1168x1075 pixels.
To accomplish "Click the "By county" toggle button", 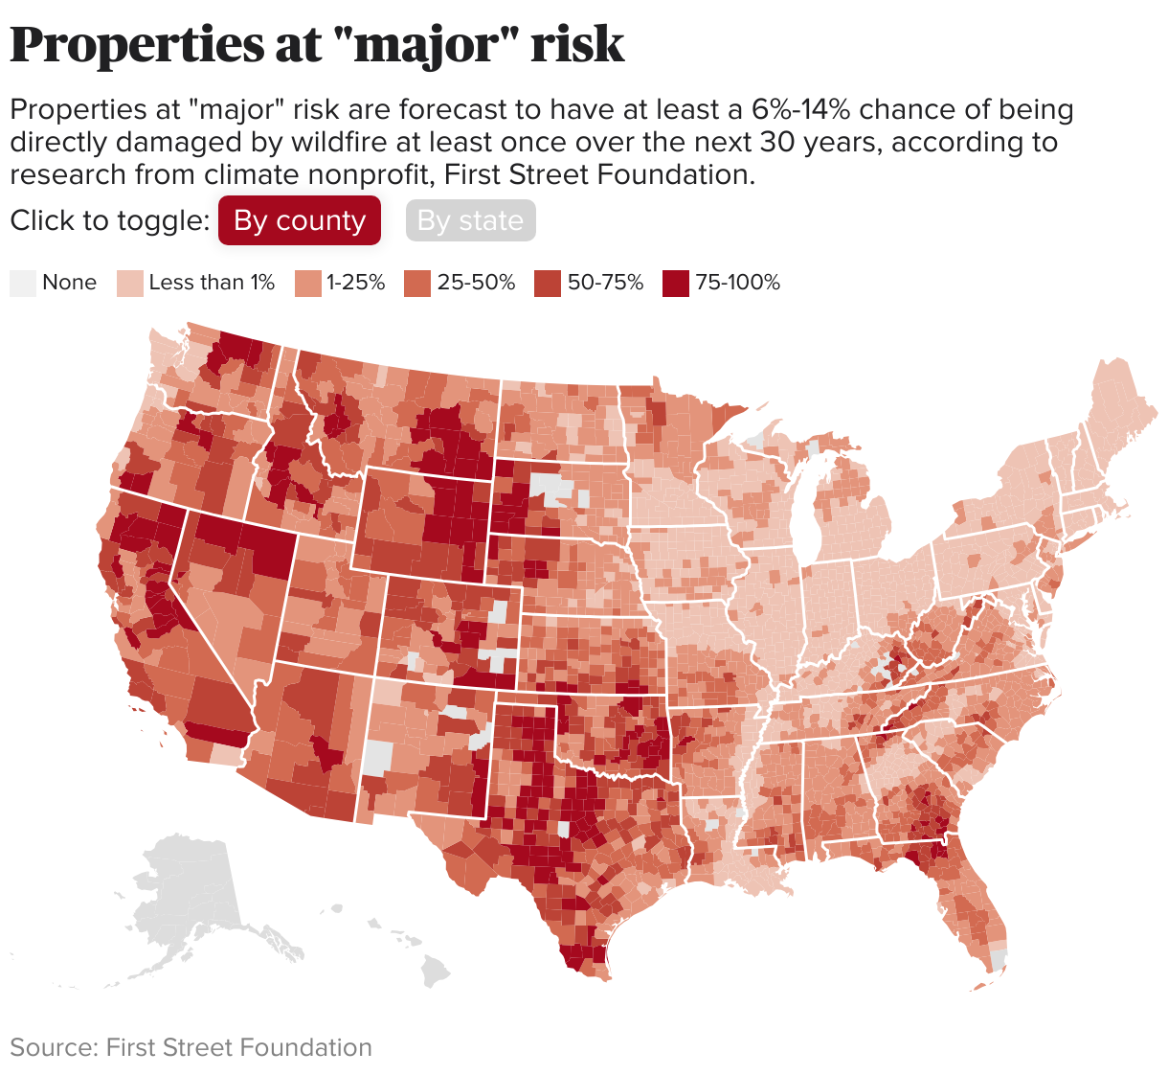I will click(299, 220).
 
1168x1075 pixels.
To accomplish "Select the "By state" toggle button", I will click(470, 220).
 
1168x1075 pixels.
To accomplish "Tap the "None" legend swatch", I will click(22, 283).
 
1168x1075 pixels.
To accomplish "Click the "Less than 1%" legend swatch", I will click(129, 283).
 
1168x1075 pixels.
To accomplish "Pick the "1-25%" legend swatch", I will click(307, 283).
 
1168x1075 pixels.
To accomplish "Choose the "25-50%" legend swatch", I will click(417, 283).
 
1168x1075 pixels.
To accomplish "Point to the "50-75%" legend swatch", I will click(548, 283).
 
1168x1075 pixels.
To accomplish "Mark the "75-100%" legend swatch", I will click(676, 283).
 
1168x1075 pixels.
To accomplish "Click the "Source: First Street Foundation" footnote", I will click(191, 1047).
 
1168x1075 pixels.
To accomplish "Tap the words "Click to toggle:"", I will click(109, 220).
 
